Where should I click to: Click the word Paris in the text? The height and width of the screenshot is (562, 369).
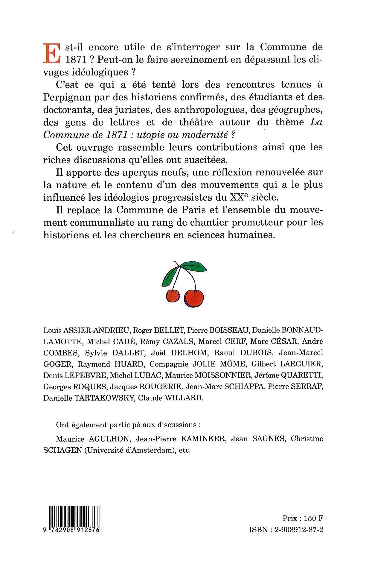click(x=193, y=210)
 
